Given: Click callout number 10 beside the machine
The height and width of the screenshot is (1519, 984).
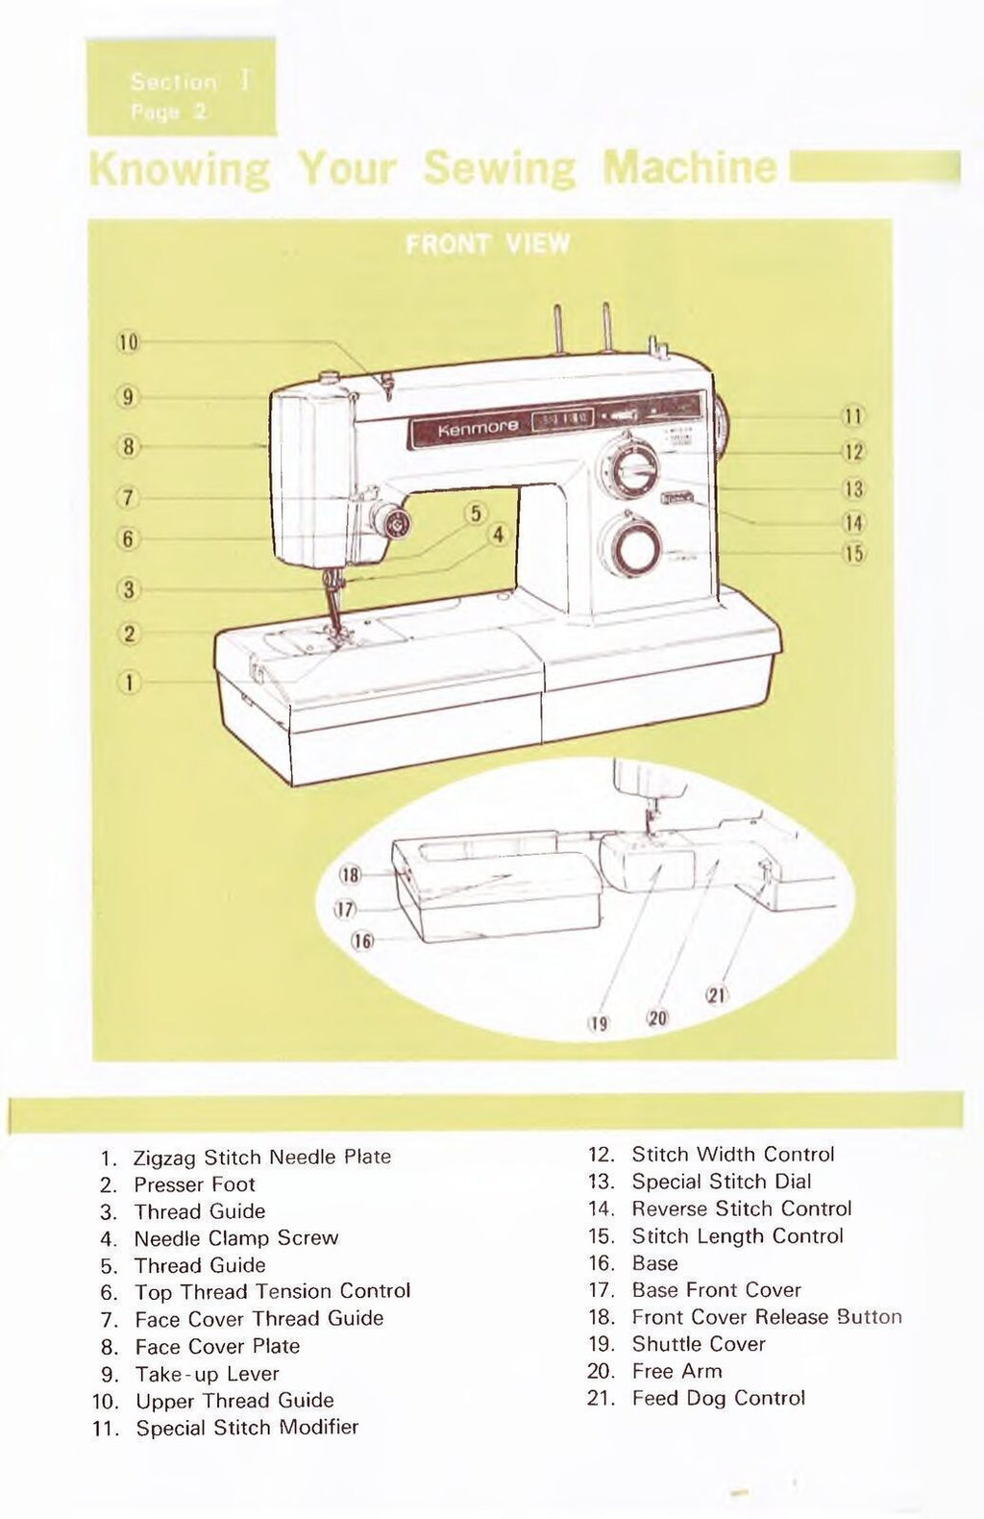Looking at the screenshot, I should click(128, 342).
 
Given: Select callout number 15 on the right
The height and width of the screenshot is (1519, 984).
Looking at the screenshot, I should click(853, 554).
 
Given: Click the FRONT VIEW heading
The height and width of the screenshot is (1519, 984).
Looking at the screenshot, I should click(488, 244).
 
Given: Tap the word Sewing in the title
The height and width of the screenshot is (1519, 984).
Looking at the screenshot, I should click(499, 168).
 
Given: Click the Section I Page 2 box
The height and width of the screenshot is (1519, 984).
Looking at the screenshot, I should click(181, 96).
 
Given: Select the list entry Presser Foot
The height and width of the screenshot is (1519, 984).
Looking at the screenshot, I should click(194, 1184).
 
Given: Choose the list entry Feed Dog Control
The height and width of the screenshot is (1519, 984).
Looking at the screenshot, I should click(718, 1398).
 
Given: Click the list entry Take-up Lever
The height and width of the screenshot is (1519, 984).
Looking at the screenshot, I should click(207, 1373).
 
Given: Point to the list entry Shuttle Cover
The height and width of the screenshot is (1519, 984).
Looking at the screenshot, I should click(698, 1344).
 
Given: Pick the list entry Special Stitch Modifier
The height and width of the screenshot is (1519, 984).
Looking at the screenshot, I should click(247, 1428).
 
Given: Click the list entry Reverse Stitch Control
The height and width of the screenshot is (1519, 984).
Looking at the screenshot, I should click(741, 1208).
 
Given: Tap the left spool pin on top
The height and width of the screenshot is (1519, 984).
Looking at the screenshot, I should click(558, 328).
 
